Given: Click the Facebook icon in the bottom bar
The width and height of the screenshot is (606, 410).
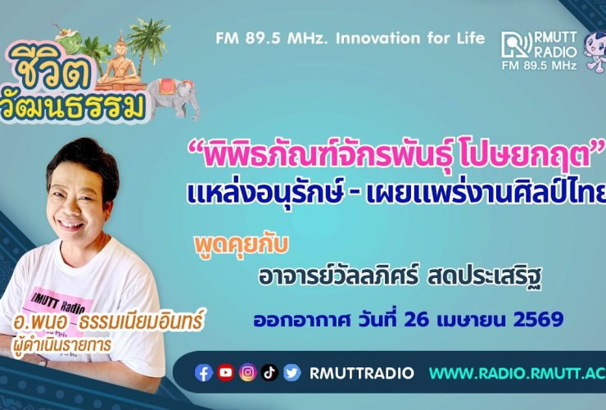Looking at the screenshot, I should (x=204, y=373).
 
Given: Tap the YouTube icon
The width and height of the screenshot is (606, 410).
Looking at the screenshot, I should (x=226, y=373).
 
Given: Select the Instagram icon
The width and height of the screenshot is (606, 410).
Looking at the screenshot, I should (x=248, y=373).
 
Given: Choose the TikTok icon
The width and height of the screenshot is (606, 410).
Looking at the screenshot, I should (x=269, y=373).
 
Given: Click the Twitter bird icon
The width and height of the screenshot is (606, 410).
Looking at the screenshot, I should (x=292, y=373).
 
